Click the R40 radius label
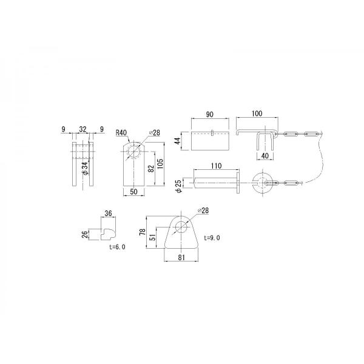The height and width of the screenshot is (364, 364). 121,133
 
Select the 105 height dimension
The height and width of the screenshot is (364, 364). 160,163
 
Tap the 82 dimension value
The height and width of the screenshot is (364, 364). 151,168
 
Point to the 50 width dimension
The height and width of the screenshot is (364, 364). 133,192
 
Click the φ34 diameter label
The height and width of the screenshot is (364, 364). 85,168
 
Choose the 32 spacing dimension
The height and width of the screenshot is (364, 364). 83,129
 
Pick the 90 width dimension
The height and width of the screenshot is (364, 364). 210,114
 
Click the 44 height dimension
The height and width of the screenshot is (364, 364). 177,141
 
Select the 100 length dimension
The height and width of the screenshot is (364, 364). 257,113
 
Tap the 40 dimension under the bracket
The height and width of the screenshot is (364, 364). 265,155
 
